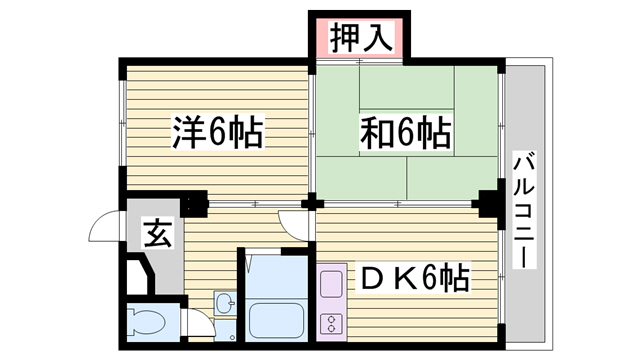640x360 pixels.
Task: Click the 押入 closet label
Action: (x=361, y=38)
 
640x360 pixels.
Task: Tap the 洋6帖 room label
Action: (x=218, y=132)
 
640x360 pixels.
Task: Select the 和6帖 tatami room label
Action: (x=405, y=132)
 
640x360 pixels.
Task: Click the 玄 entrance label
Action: (x=158, y=233)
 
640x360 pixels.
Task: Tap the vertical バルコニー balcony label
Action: (x=524, y=210)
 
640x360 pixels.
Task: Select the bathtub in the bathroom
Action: (x=276, y=321)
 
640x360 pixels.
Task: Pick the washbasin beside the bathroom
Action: (x=224, y=303)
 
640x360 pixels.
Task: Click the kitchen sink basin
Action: (x=331, y=284)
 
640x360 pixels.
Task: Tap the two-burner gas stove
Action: (x=331, y=323)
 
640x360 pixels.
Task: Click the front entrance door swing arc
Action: (x=104, y=226)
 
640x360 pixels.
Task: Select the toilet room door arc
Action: (x=200, y=322)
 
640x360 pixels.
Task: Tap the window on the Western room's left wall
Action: (x=123, y=122)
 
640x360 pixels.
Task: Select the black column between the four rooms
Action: (x=312, y=203)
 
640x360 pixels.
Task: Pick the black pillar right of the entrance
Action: (x=194, y=203)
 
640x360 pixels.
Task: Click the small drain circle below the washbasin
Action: (x=232, y=338)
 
